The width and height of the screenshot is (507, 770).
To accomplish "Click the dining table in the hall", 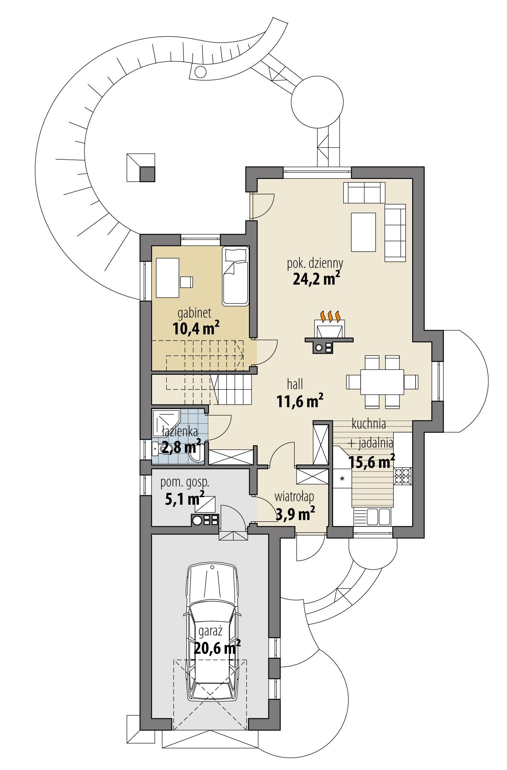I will pos(382,382).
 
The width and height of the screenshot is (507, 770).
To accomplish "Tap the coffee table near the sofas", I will pos(363,232).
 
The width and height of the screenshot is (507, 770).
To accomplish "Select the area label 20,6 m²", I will pos(218,648).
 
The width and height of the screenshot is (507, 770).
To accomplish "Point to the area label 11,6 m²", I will pos(300,402).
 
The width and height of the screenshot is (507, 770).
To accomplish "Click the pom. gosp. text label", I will pos(184,482).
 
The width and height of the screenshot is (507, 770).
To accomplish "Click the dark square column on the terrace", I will pos(147,174).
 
